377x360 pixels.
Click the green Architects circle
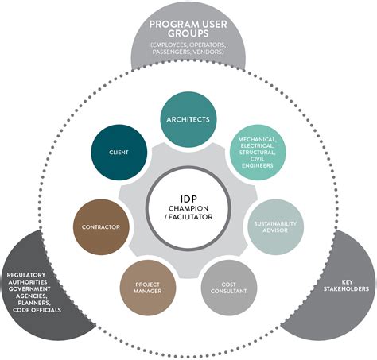click(x=188, y=119)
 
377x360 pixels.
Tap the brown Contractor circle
click(x=101, y=226)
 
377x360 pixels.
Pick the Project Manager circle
click(x=148, y=286)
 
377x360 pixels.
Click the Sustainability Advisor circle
click(x=274, y=226)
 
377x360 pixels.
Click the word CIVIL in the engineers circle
click(x=256, y=160)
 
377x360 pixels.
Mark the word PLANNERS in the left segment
click(x=31, y=303)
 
